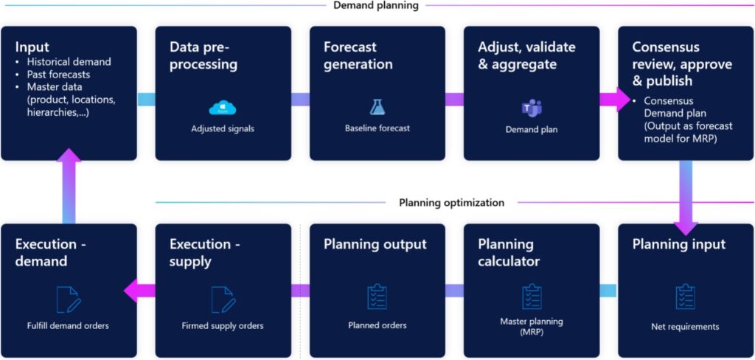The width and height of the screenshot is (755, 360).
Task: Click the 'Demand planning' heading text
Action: pos(375,6)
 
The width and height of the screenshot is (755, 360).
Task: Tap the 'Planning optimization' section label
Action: pos(451,202)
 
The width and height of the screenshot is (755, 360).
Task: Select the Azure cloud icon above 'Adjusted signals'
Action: pos(223,108)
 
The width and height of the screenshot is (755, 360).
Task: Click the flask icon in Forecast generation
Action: pos(377,108)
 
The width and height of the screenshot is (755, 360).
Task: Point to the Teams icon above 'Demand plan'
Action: pos(532,108)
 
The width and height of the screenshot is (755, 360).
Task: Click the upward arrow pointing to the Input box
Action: pos(69,184)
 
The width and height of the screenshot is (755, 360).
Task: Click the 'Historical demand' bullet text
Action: pos(69,61)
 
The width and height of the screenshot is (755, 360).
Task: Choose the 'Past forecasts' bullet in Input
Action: pos(59,75)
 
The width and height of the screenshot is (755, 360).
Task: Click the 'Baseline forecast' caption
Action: pos(377,128)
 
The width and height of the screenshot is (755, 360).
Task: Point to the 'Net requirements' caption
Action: pos(686,326)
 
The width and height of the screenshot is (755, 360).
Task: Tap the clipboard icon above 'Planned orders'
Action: pos(377,297)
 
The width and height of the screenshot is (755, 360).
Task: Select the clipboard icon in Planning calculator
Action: pos(532,297)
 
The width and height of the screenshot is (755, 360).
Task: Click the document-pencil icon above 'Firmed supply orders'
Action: pos(223,300)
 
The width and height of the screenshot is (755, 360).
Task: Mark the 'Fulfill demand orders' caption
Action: pos(69,325)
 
